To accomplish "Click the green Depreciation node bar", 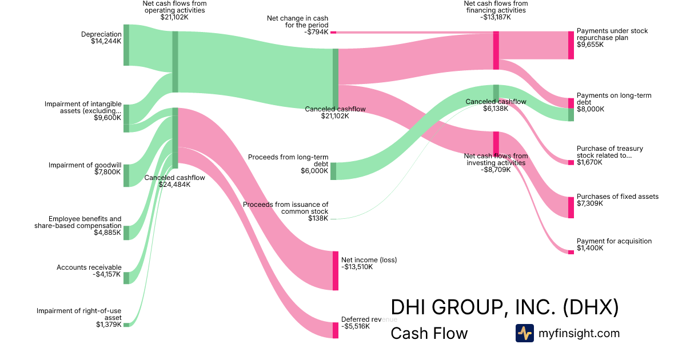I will point(126,45).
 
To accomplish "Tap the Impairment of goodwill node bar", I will point(126,175).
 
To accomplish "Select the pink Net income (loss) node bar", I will point(336,270).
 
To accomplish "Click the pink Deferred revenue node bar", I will point(336,330).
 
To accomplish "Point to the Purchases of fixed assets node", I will point(571,207).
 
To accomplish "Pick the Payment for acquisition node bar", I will point(571,252).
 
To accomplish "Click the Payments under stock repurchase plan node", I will point(571,45).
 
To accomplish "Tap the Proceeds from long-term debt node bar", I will point(333,171).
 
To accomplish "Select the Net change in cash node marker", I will point(333,33).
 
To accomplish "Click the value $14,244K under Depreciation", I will point(106,42).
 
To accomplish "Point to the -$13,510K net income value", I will point(357,267).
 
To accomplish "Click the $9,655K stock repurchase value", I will point(590,45).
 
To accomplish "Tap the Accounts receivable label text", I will point(89,267).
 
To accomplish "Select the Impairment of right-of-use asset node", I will point(126,325).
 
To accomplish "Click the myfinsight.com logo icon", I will point(524,333).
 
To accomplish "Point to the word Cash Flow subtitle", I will point(429,333).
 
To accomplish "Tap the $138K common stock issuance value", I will point(318,218).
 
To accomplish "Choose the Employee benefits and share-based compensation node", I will point(126,233).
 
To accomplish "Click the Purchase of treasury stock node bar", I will point(571,162).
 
